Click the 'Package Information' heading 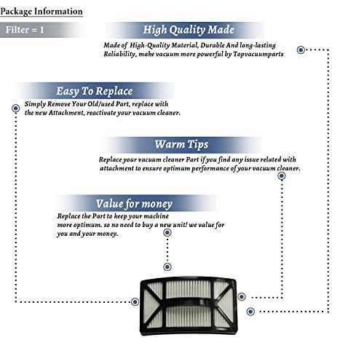(x=41, y=12)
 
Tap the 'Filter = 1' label (x=25, y=30)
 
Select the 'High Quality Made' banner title (x=189, y=30)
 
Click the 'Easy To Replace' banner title (x=95, y=91)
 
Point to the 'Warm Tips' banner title (x=181, y=144)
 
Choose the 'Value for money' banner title (x=134, y=204)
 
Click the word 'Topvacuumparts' (x=258, y=54)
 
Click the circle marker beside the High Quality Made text (x=301, y=50)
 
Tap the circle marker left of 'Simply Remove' (x=16, y=108)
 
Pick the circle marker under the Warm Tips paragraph (x=282, y=176)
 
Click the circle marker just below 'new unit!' (x=167, y=233)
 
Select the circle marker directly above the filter (x=167, y=267)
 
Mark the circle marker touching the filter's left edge (x=135, y=302)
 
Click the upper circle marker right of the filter (x=242, y=297)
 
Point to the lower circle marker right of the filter (x=250, y=312)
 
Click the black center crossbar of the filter (x=188, y=302)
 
